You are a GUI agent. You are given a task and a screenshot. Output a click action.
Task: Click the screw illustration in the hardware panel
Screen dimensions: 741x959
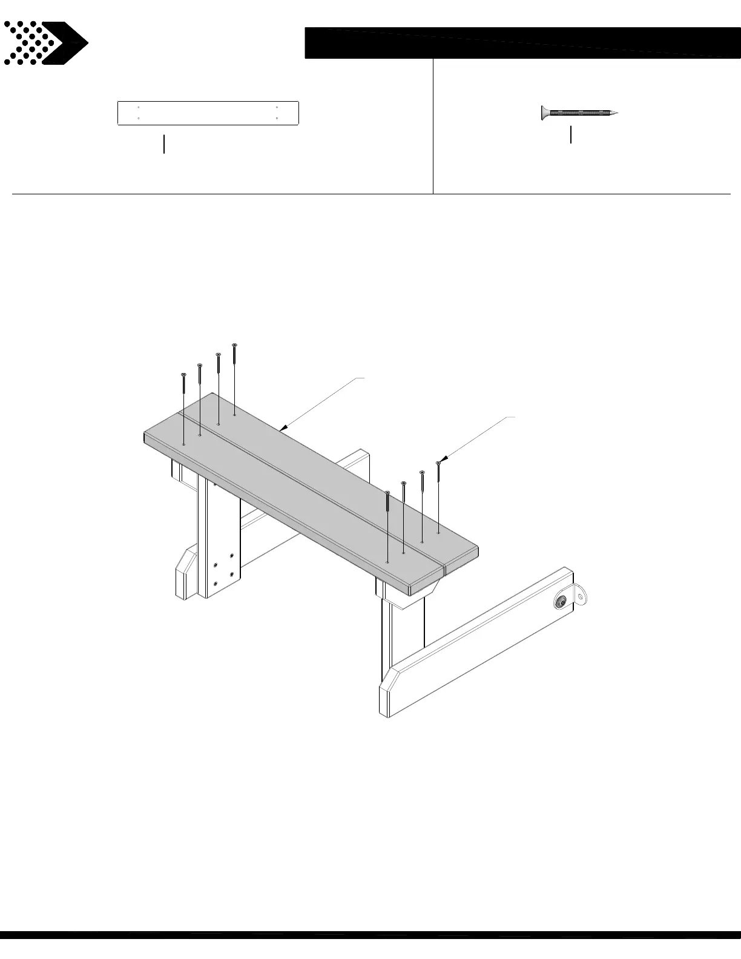point(579,113)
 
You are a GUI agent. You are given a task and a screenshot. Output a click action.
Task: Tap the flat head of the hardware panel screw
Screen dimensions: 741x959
point(544,113)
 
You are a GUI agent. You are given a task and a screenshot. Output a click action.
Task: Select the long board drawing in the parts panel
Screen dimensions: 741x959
point(208,113)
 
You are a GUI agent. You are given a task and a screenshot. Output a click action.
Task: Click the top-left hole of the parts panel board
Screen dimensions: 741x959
point(139,108)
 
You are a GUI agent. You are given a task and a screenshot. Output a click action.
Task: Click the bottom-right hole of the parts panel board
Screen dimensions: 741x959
point(277,118)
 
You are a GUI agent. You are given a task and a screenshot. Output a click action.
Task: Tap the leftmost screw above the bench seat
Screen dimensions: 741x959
point(183,387)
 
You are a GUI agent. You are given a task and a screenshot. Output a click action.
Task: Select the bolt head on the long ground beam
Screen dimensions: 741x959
point(562,602)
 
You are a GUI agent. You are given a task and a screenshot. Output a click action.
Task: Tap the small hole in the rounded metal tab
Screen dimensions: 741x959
point(582,598)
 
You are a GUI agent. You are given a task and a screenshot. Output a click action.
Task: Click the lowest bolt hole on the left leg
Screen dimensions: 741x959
point(217,584)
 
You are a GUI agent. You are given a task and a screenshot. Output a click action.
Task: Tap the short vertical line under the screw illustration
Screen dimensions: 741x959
point(571,135)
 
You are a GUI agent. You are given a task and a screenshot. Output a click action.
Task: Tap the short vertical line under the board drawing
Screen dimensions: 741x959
point(164,145)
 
